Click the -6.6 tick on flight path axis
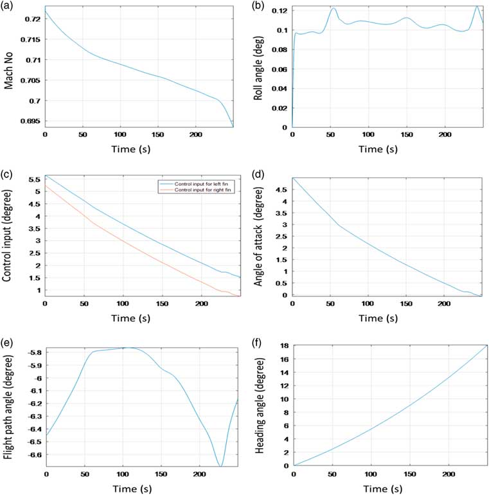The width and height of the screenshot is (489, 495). click(31, 455)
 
